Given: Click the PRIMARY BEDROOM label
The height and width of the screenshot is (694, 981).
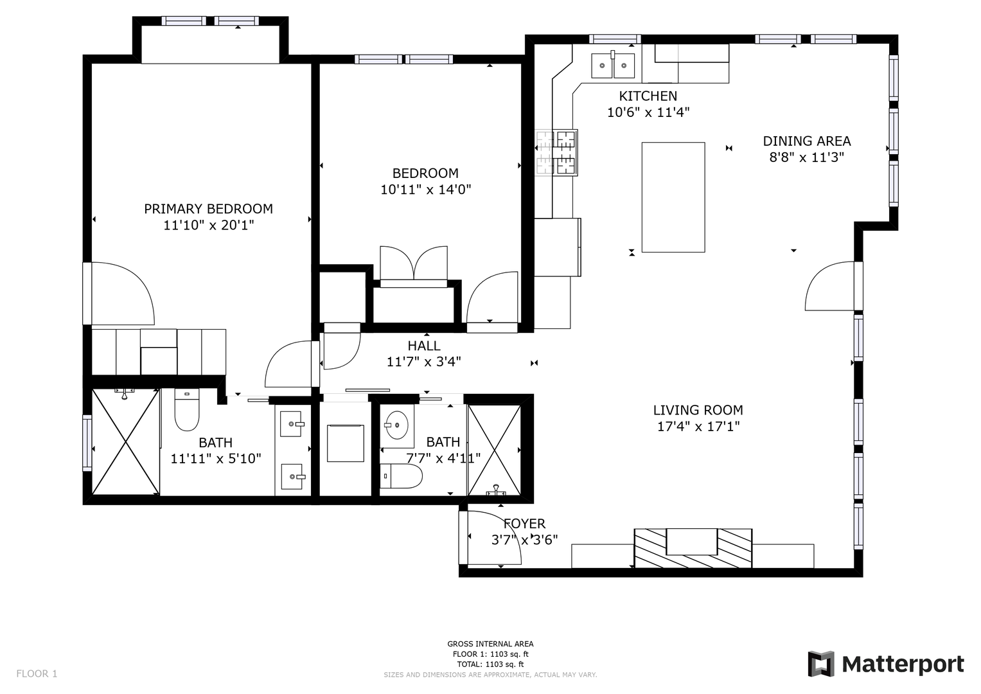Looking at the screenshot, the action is pyautogui.click(x=208, y=209).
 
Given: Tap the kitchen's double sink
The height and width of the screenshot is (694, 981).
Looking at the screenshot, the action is pyautogui.click(x=613, y=66).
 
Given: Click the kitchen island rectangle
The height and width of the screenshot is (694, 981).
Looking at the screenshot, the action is pyautogui.click(x=673, y=197).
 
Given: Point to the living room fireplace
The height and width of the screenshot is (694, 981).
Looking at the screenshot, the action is pyautogui.click(x=693, y=548).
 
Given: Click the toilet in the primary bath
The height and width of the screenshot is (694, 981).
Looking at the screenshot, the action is pyautogui.click(x=187, y=410).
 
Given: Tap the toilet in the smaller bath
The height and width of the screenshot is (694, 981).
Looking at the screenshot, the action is pyautogui.click(x=401, y=476).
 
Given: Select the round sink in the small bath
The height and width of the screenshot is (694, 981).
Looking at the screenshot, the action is pyautogui.click(x=396, y=425).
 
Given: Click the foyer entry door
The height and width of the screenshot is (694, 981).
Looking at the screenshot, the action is pyautogui.click(x=490, y=537).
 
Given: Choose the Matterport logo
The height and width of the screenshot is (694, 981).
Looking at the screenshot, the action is pyautogui.click(x=886, y=664).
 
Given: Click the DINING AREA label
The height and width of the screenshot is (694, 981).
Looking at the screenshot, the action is pyautogui.click(x=807, y=141).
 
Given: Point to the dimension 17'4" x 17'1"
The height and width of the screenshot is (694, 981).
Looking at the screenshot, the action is pyautogui.click(x=698, y=426).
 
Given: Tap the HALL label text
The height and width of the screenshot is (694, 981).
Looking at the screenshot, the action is pyautogui.click(x=424, y=346).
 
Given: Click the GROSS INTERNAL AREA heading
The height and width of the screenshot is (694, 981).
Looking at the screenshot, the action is pyautogui.click(x=490, y=644).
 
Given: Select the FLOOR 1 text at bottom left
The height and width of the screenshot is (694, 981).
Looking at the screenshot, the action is pyautogui.click(x=37, y=673).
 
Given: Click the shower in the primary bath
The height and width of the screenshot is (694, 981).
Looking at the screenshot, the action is pyautogui.click(x=126, y=442).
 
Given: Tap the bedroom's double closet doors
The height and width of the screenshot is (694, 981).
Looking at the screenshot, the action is pyautogui.click(x=414, y=265).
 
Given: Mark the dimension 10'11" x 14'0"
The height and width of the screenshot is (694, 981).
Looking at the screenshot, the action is pyautogui.click(x=425, y=190).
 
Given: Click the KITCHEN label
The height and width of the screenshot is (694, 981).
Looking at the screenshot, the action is pyautogui.click(x=648, y=96).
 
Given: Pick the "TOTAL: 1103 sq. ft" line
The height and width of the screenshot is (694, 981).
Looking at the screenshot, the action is pyautogui.click(x=490, y=664).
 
